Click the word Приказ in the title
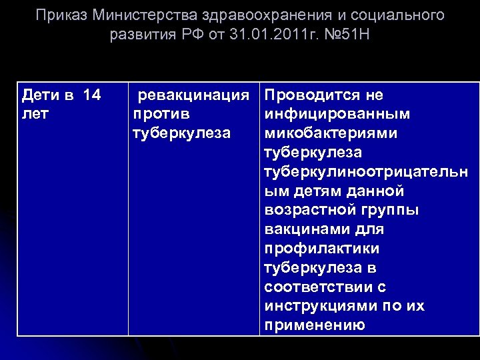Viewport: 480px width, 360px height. point(61,15)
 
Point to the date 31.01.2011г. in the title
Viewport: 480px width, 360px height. point(267,34)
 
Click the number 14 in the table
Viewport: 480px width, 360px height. point(92,95)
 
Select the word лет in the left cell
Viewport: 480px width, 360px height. point(35,114)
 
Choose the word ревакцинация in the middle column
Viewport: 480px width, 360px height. point(197,95)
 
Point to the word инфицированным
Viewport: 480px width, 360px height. point(337,114)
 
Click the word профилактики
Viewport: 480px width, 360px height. point(321,249)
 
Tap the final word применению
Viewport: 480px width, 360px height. point(314,325)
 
